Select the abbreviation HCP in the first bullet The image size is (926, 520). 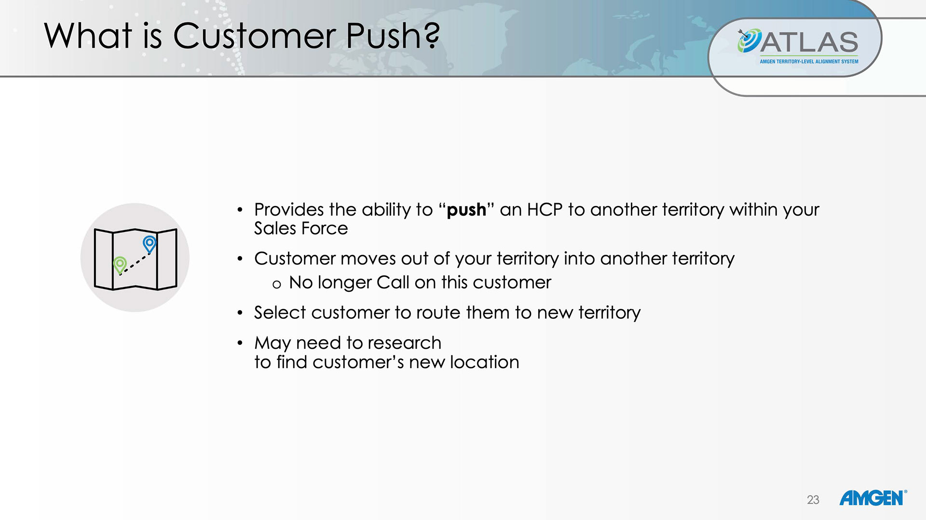[545, 210]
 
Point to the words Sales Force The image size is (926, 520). [301, 228]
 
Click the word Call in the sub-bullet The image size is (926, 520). [393, 282]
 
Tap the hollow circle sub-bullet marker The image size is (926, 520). [276, 285]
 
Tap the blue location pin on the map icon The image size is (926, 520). [150, 244]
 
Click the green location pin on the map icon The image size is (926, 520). [120, 265]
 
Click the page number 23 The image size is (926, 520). [813, 500]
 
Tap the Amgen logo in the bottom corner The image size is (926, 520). [873, 498]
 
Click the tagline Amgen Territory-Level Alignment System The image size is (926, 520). [809, 62]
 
